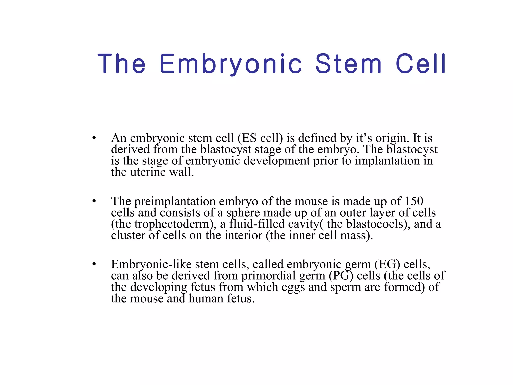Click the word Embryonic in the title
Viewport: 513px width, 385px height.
click(230, 64)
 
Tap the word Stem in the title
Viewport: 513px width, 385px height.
click(348, 64)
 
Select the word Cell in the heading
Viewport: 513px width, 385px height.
click(421, 64)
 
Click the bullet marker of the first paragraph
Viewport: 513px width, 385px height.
click(94, 138)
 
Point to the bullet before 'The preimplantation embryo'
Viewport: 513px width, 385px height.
click(94, 201)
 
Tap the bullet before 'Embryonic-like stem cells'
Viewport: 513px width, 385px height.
click(94, 264)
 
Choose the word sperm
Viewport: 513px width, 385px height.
click(346, 287)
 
